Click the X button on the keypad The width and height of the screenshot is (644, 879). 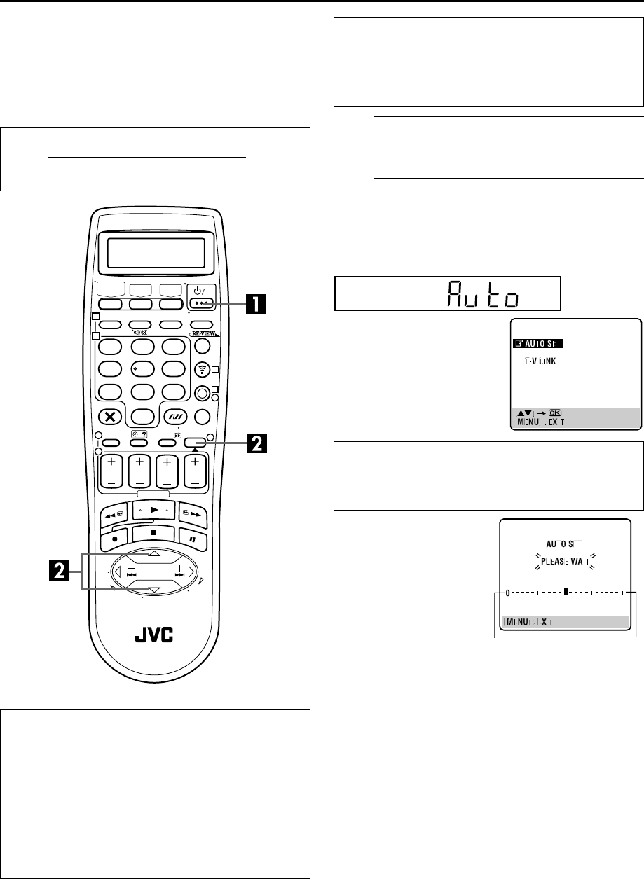(111, 415)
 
